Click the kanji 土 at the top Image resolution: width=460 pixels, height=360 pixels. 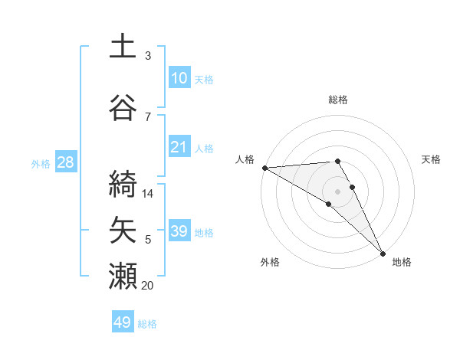click(x=123, y=45)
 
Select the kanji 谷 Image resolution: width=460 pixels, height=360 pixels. click(x=123, y=106)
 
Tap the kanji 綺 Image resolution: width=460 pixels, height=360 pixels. click(x=123, y=181)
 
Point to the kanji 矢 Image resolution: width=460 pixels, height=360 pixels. click(x=123, y=229)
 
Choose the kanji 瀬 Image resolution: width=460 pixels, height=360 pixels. click(x=123, y=275)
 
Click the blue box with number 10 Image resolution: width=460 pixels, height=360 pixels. click(x=179, y=78)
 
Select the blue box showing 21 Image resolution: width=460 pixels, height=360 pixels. click(x=179, y=147)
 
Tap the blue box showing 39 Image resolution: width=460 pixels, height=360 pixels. click(x=179, y=231)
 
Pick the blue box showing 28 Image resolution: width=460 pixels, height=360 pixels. click(x=64, y=162)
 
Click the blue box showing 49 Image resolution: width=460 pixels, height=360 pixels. click(x=123, y=322)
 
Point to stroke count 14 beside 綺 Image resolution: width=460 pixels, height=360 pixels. click(x=148, y=194)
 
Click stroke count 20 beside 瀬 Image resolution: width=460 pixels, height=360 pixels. click(x=148, y=286)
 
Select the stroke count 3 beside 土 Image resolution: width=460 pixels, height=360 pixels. click(x=148, y=56)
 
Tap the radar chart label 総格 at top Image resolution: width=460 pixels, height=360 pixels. click(x=337, y=100)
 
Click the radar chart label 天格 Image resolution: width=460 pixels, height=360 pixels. click(x=432, y=159)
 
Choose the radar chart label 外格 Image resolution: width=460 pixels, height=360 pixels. click(x=270, y=262)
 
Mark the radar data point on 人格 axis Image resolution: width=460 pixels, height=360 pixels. click(x=264, y=168)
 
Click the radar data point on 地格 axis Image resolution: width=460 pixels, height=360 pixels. click(x=383, y=254)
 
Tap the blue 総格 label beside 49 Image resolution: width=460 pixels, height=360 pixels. click(x=147, y=324)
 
